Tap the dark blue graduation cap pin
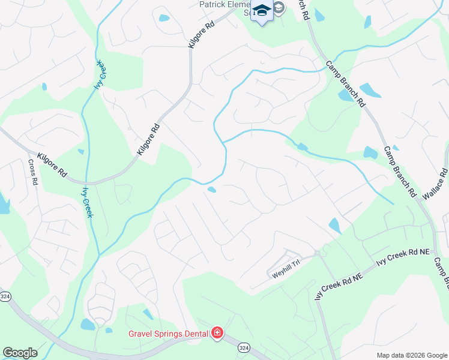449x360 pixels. [x=261, y=13]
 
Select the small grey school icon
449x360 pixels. [x=279, y=8]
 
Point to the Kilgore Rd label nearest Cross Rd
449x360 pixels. [x=52, y=164]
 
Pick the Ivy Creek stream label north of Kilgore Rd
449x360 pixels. [x=98, y=75]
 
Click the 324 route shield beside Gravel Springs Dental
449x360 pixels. [x=243, y=347]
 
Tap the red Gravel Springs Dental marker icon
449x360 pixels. [x=217, y=333]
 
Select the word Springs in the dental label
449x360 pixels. [x=171, y=334]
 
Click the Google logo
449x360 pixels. [x=20, y=353]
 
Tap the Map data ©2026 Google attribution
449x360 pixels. [x=411, y=355]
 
